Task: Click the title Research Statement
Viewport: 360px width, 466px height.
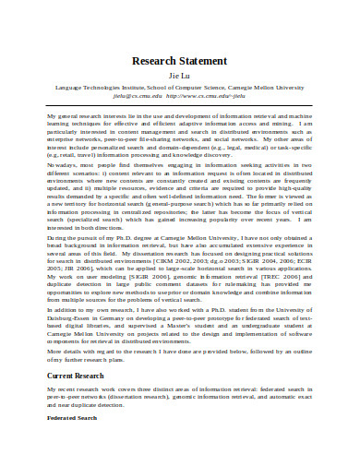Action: tap(180, 63)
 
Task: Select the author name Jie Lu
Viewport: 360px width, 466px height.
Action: tap(180, 78)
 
